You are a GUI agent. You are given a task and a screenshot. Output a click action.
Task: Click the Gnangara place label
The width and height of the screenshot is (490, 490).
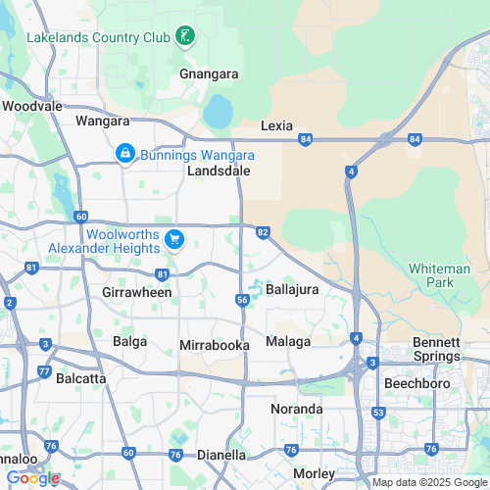click(209, 73)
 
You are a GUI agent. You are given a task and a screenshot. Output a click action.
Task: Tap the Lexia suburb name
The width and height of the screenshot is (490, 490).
click(278, 125)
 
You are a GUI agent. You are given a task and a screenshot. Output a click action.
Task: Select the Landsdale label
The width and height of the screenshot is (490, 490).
click(219, 171)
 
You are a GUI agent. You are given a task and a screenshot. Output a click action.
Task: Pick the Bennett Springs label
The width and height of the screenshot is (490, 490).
click(436, 349)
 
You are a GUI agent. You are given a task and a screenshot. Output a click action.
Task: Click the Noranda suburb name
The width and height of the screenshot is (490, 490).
click(296, 408)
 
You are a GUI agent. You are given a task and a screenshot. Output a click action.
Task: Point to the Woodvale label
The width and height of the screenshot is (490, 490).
click(32, 105)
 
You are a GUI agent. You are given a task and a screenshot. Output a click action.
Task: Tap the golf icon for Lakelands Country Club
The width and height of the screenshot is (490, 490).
click(184, 37)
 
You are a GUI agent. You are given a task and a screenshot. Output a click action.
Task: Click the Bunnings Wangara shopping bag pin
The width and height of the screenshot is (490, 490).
click(125, 154)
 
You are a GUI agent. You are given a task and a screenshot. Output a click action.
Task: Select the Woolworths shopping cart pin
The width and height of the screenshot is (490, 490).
click(174, 238)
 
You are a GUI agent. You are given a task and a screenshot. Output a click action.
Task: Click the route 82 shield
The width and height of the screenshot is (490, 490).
click(262, 231)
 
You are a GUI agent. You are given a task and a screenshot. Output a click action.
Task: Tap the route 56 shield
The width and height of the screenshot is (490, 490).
click(241, 299)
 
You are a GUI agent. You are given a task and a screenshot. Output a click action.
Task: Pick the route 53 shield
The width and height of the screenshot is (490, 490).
click(378, 413)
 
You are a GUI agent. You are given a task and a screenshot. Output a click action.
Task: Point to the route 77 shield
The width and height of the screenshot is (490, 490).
click(44, 371)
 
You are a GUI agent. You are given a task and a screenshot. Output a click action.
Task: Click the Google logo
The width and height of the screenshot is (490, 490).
click(32, 478)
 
